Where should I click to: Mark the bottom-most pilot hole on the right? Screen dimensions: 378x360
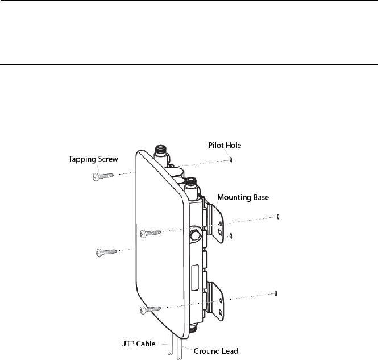coord(276,293)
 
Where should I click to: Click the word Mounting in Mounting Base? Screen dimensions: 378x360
coord(234,197)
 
